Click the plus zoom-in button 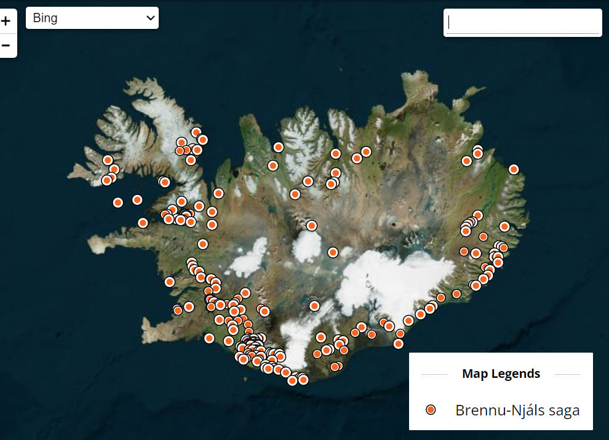pyautogui.click(x=6, y=22)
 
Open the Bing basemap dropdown pyautogui.click(x=92, y=18)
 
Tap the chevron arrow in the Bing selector pyautogui.click(x=151, y=18)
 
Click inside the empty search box pyautogui.click(x=523, y=23)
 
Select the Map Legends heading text pyautogui.click(x=501, y=374)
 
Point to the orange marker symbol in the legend pyautogui.click(x=431, y=410)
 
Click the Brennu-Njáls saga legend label pyautogui.click(x=517, y=410)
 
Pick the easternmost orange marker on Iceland pyautogui.click(x=514, y=169)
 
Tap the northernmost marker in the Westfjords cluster pyautogui.click(x=196, y=132)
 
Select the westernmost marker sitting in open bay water pyautogui.click(x=118, y=202)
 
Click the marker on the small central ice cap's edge pyautogui.click(x=312, y=226)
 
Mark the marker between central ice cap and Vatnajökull pyautogui.click(x=333, y=252)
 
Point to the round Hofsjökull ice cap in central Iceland pyautogui.click(x=307, y=245)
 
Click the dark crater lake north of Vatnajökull pyautogui.click(x=392, y=220)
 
